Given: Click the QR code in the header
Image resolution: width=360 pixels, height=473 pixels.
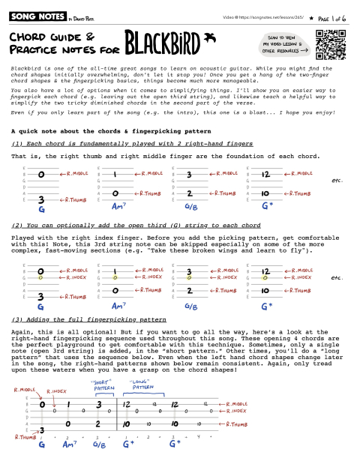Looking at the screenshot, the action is (331, 43).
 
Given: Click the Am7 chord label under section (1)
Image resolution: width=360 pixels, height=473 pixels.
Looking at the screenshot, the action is (118, 206).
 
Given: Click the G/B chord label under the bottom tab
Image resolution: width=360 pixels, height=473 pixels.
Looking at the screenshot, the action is (98, 466).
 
